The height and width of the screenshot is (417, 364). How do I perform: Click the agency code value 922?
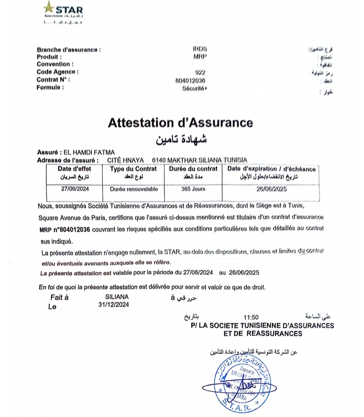tap(200, 72)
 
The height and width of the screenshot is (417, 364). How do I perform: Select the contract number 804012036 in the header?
tap(190, 81)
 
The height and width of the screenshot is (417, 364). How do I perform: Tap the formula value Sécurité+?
tap(195, 89)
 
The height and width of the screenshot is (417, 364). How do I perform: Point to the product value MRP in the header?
tap(200, 57)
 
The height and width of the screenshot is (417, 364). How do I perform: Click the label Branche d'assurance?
tap(69, 50)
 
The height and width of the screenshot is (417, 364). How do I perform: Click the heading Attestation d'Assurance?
tap(180, 123)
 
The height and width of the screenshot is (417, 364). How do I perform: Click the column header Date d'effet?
tap(74, 169)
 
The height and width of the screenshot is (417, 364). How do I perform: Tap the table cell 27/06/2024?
tap(75, 189)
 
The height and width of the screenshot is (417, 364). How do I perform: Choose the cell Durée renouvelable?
tap(134, 189)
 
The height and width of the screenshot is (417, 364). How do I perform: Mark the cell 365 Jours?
tap(193, 189)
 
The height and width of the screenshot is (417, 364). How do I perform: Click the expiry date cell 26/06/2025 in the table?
tap(271, 189)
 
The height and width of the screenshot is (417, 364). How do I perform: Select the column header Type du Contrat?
tap(133, 169)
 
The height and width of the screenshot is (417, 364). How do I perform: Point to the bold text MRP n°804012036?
tap(65, 230)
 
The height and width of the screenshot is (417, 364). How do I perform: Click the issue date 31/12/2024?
tap(114, 305)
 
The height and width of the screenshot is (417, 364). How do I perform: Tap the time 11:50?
tap(251, 317)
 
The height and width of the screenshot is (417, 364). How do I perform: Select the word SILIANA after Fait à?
tap(117, 297)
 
